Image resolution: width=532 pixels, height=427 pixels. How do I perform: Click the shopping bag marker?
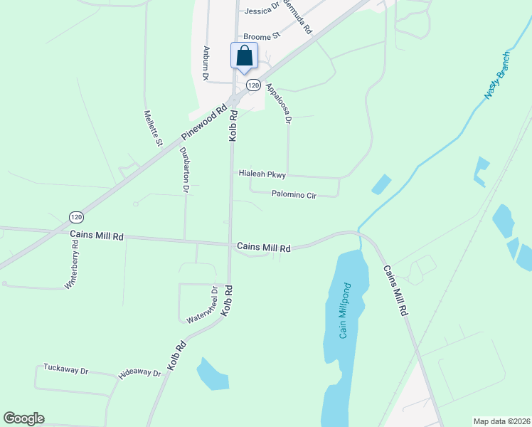[x=244, y=56]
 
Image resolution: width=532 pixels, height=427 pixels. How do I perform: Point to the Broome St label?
[x=262, y=35]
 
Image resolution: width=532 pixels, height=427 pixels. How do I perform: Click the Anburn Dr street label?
[x=206, y=63]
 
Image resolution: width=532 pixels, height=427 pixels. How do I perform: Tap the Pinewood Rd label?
[x=208, y=122]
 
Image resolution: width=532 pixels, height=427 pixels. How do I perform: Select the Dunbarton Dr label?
[x=184, y=170]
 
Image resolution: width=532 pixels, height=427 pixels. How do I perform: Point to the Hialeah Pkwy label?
[x=262, y=174]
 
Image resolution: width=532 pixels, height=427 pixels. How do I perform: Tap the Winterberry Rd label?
[x=73, y=263]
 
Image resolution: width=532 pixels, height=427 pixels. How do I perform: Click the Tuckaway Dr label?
[x=65, y=369]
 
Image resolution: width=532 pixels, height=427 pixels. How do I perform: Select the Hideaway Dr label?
[x=140, y=372]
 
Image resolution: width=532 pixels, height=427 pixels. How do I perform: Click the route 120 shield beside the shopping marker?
[x=253, y=85]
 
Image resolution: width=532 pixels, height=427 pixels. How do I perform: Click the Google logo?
[x=23, y=418]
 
